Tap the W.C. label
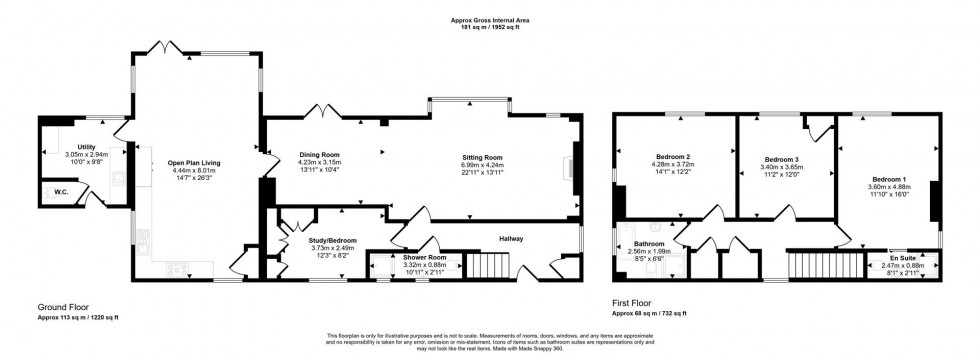(60, 193)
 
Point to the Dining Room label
(320, 154)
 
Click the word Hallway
(512, 239)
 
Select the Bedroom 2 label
(674, 157)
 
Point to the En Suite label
(903, 257)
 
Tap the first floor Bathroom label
(650, 243)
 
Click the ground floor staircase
(487, 267)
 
